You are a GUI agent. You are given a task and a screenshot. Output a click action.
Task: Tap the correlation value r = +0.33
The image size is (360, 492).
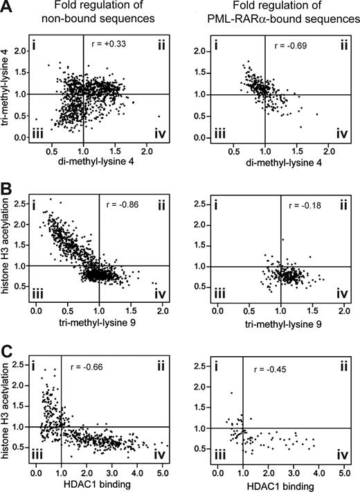(x=109, y=44)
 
